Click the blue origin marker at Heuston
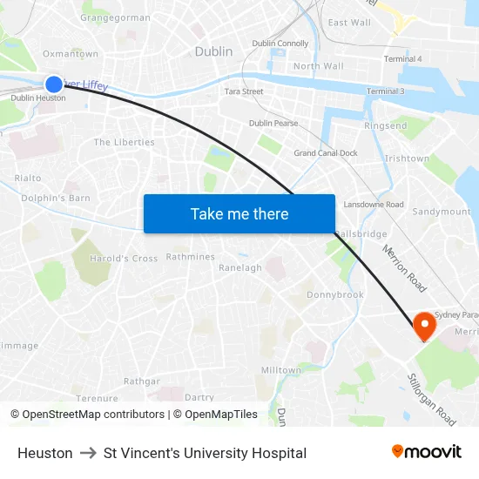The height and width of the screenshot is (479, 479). coord(53,84)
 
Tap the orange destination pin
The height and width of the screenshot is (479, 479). coord(424,326)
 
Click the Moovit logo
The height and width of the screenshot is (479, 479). coord(426,452)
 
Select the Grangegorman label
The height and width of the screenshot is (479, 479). coord(115,17)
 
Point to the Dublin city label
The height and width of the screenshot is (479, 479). coord(213,51)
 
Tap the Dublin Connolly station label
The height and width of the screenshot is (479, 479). coord(280,43)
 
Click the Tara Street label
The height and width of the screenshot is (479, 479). coord(244,91)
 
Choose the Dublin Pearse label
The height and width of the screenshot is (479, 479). coord(273,123)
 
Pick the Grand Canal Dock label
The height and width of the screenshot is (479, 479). coord(326,153)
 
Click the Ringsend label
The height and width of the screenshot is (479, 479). coord(385,126)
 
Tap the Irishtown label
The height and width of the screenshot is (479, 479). coord(407,159)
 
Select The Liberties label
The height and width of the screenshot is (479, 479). coord(124,142)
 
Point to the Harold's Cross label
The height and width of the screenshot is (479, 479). coord(124,259)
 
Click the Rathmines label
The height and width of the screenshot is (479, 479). coord(190,257)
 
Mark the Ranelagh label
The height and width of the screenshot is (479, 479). coord(239,267)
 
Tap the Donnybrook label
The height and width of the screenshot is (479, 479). coord(335,294)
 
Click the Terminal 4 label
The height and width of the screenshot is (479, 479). coord(402,58)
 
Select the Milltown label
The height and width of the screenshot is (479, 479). coord(280,370)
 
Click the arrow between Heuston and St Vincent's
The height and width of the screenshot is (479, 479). coord(88,453)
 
